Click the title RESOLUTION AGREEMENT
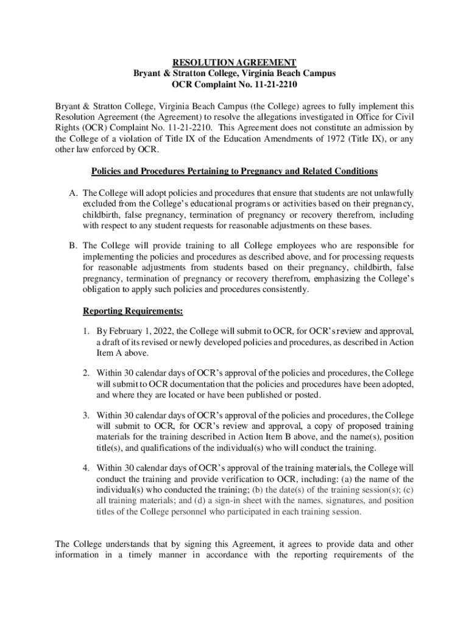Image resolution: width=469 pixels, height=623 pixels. pyautogui.click(x=234, y=63)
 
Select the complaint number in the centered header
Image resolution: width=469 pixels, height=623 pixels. pyautogui.click(x=234, y=85)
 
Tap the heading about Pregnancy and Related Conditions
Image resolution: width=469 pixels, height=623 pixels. pyautogui.click(x=234, y=172)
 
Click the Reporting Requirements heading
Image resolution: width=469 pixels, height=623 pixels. pyautogui.click(x=133, y=311)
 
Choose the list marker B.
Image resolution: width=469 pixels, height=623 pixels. pyautogui.click(x=73, y=246)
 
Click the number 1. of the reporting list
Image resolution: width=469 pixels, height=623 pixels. pyautogui.click(x=86, y=332)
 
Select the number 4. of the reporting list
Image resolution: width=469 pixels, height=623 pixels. pyautogui.click(x=86, y=468)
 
